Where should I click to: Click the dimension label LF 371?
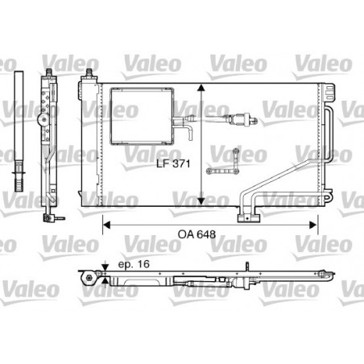[173, 163]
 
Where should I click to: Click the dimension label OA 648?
[196, 234]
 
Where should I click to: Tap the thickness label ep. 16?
[134, 264]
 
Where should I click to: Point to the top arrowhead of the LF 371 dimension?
[201, 88]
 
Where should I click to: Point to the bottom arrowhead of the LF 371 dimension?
[201, 201]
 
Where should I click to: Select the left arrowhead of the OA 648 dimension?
[106, 225]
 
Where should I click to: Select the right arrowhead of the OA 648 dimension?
[313, 225]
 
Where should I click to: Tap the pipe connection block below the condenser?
[249, 217]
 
